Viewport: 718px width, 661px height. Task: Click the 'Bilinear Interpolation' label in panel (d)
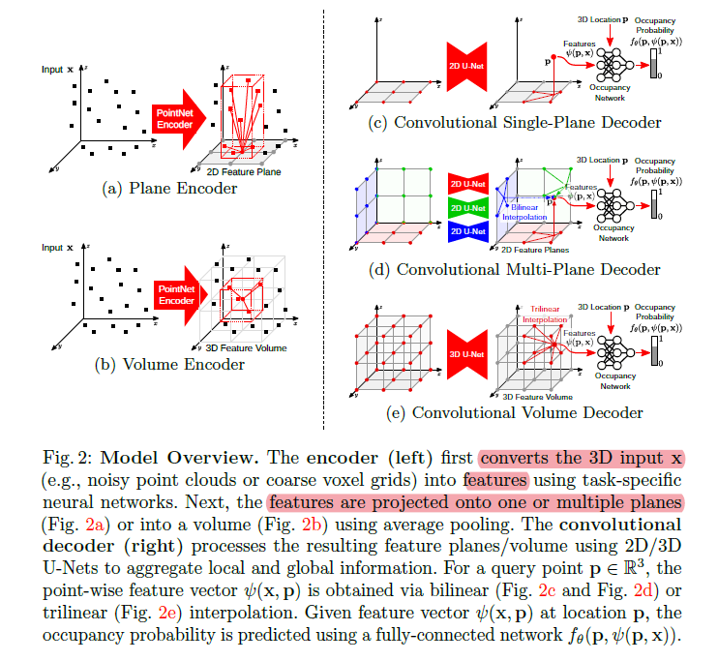[524, 211]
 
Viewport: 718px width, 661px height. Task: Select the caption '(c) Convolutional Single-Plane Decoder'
[515, 123]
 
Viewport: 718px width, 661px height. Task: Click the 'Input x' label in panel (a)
[57, 70]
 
